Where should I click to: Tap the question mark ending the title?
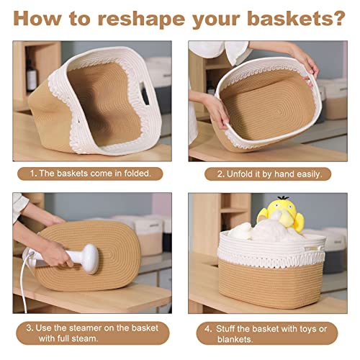pos(338,17)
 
